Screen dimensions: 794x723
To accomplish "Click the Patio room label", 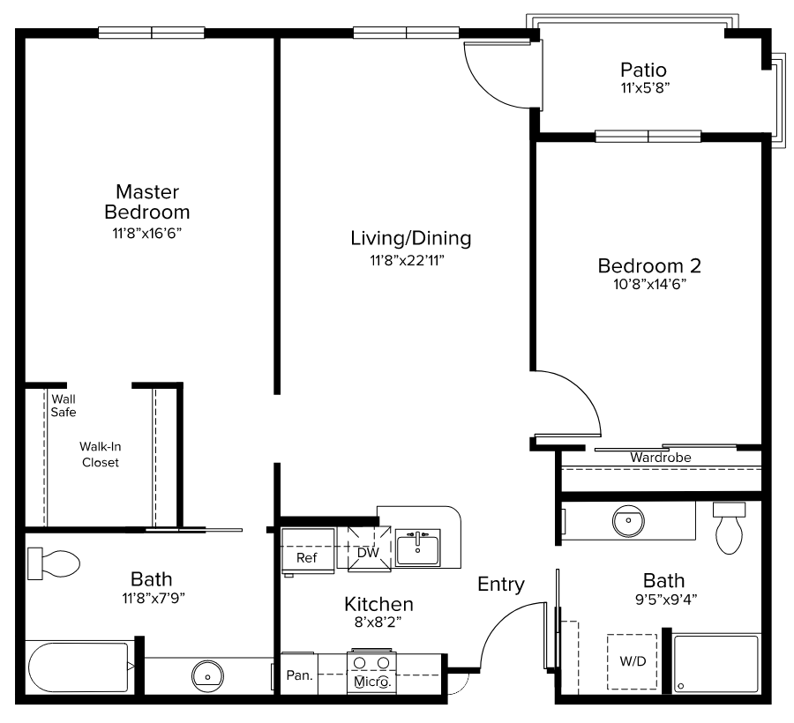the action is tap(643, 70).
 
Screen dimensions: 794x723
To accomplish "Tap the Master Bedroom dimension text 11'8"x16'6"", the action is tap(146, 234).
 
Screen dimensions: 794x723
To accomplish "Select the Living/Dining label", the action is tap(410, 238).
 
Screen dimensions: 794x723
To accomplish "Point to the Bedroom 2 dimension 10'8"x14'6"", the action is tap(649, 284).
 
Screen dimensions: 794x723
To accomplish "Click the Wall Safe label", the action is tap(64, 406).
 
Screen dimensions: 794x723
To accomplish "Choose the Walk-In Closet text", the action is tap(101, 454).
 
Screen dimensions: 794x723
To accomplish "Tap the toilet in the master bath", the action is tap(54, 563).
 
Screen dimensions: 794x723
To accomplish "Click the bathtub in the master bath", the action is tap(79, 667).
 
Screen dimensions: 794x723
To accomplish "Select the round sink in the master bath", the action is tap(207, 676).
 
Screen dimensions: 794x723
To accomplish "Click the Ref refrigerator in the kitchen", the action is tap(308, 551).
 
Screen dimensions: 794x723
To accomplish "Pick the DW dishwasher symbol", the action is tap(369, 549).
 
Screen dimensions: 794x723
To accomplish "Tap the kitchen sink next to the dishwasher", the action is tap(418, 547).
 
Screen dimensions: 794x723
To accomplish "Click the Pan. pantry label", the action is tap(300, 675).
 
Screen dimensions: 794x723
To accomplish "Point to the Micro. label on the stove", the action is tap(372, 682).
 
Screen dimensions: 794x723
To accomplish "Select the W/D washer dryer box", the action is tap(633, 661).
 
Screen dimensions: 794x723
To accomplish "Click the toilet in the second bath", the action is tap(730, 528).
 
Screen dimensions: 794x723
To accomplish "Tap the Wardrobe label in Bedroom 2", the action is tap(660, 458).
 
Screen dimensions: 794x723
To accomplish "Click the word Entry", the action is tap(501, 585).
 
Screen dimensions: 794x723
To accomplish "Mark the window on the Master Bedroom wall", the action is tap(152, 33).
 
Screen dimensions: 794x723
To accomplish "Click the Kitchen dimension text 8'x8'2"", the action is tap(378, 622).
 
